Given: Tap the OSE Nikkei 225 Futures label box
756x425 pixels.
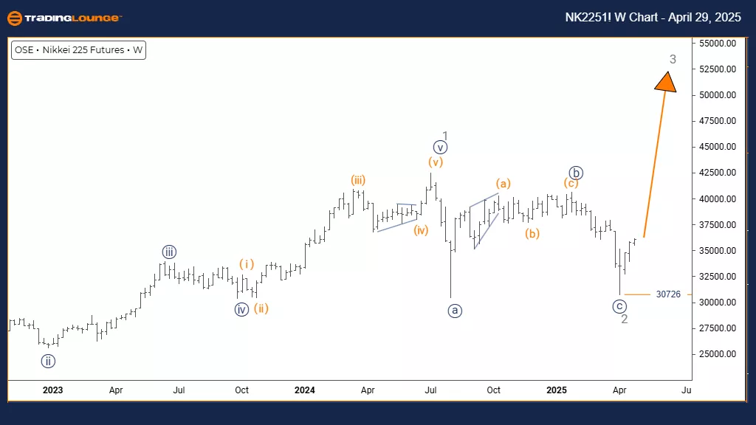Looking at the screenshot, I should pos(78,51).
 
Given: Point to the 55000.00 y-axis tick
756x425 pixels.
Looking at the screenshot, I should pos(720,44).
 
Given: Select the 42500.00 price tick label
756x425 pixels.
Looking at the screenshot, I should pos(720,173).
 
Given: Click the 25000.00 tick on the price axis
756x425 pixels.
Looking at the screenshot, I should pos(720,354).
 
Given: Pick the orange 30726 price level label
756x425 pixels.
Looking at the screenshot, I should pos(668,294).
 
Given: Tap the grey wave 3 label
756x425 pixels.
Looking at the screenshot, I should pos(673,58).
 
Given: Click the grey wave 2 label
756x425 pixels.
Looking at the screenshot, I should pos(625,319).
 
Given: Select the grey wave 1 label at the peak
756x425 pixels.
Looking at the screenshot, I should pos(446,136).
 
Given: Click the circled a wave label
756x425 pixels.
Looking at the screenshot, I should pos(455,311).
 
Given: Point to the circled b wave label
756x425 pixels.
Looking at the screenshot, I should pos(577,173).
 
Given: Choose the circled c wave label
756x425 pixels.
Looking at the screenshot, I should pos(620,306).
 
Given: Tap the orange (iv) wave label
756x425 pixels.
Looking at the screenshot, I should pos(421,230).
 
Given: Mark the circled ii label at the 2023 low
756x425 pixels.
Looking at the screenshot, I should pos(49,361).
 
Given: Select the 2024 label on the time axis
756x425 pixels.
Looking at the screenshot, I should pos(304,389).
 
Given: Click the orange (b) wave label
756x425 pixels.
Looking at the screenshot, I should pos(532,234).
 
